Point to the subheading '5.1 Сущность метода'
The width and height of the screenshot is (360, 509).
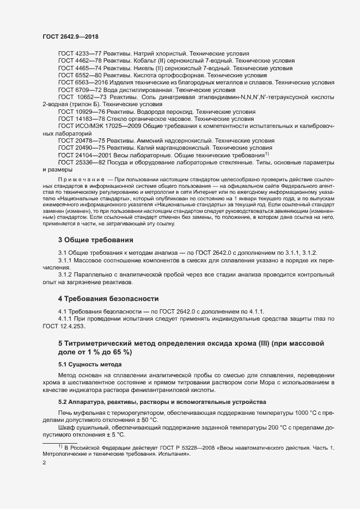point(87,364)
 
